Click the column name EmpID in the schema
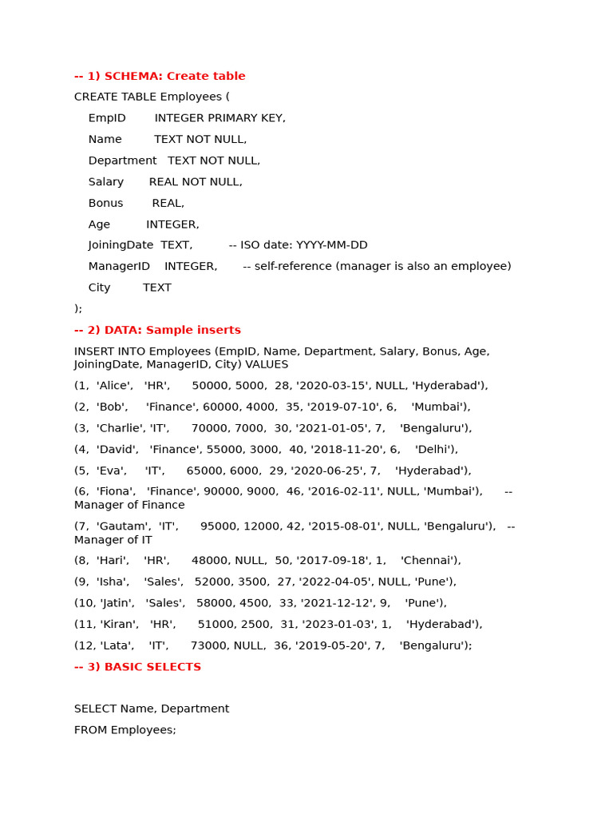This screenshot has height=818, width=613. [107, 118]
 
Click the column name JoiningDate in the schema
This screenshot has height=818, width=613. [121, 245]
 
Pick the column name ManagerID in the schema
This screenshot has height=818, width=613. [119, 266]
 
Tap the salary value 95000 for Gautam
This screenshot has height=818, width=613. [217, 526]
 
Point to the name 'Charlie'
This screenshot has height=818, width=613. [121, 428]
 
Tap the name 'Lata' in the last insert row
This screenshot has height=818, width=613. [115, 645]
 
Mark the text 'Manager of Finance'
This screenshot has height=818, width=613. [129, 505]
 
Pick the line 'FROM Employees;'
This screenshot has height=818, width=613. [125, 730]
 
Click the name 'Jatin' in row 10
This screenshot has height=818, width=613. [118, 603]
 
